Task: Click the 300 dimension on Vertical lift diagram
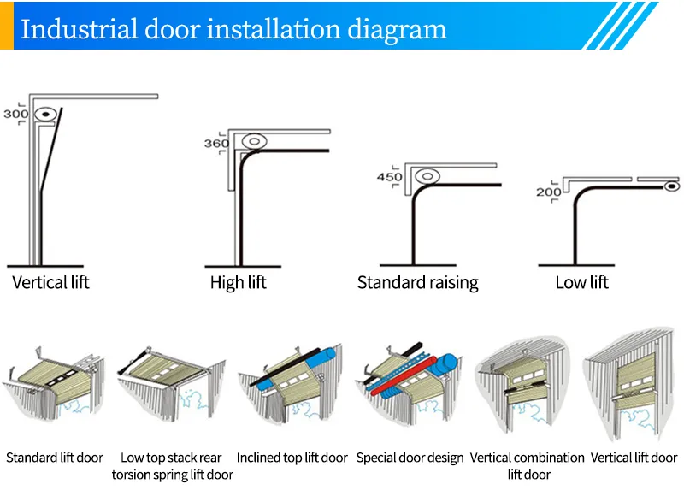[x=15, y=113]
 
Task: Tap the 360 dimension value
[x=215, y=144]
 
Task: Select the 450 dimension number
[x=389, y=177]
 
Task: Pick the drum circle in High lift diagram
[x=253, y=141]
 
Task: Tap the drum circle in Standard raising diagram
[x=427, y=177]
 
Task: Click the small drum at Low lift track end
[x=672, y=185]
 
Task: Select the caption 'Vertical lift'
[x=50, y=281]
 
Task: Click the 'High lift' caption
[x=238, y=282]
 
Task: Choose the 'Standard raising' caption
[x=417, y=282]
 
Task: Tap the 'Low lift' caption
[x=581, y=282]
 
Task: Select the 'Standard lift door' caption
[x=55, y=458]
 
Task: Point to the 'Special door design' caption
[x=410, y=458]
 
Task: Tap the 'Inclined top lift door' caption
[x=292, y=458]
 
